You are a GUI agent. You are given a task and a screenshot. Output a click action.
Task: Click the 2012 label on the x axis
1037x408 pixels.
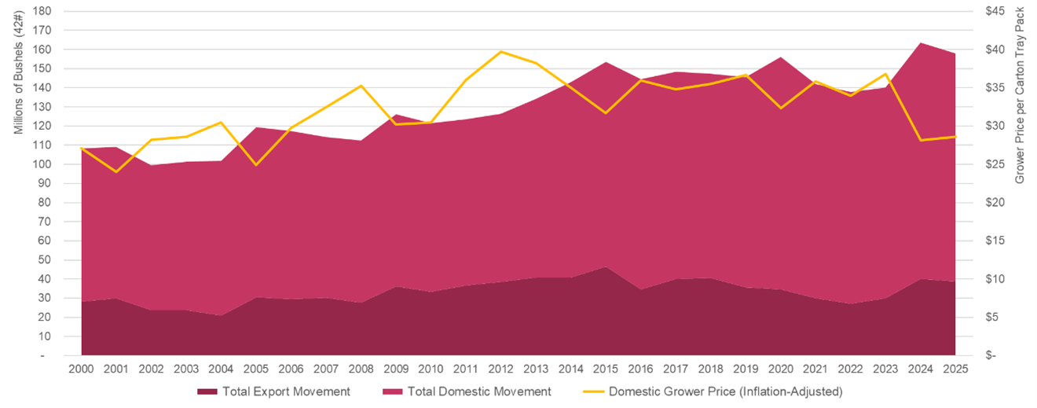(500, 369)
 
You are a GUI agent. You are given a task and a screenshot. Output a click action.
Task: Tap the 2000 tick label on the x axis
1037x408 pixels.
(81, 369)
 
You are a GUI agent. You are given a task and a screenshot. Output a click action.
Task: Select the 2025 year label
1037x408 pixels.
(955, 369)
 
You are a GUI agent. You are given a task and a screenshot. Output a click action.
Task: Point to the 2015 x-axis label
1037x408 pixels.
(605, 369)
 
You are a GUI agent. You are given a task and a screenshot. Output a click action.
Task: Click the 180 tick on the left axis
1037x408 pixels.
(42, 12)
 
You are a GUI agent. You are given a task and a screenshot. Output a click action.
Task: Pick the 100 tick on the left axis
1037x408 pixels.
(42, 164)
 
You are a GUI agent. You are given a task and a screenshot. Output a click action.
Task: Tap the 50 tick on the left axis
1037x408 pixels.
(45, 260)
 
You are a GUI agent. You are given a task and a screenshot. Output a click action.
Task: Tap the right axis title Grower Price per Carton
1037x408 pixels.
(1020, 94)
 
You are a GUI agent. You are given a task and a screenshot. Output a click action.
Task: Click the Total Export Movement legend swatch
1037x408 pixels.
(207, 391)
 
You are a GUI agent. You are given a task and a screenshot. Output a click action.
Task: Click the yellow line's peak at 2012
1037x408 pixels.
(500, 52)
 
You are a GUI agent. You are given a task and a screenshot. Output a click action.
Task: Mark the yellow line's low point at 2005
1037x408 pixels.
(255, 165)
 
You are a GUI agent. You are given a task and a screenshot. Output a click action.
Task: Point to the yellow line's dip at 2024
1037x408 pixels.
(920, 140)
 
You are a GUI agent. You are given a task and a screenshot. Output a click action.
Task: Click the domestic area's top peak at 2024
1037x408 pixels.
(920, 42)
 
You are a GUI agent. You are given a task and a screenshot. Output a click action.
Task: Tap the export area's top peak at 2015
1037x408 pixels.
(605, 266)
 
